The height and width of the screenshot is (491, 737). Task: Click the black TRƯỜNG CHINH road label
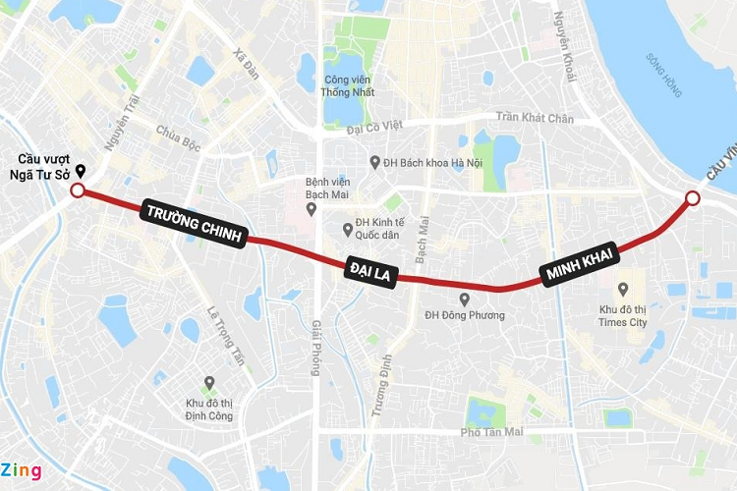coord(196,225)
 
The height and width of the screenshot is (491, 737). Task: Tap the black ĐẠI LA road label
coord(369,271)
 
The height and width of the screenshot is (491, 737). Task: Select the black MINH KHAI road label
coord(580,266)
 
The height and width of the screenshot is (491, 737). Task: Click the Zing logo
coord(22,470)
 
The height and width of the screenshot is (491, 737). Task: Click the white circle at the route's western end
coord(78,191)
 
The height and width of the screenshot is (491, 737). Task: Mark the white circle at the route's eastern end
coord(692,199)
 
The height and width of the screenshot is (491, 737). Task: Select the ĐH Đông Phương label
coord(465,315)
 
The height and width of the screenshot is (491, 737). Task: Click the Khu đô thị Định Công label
coord(208,409)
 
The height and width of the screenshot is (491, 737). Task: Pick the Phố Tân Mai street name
coord(492,433)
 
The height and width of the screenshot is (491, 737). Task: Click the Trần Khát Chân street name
coord(534,118)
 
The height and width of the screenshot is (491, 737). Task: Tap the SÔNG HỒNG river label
coord(663,73)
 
